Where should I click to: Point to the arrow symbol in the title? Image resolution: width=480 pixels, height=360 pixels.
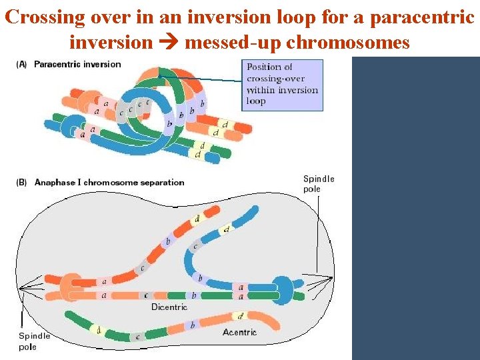pyautogui.click(x=169, y=43)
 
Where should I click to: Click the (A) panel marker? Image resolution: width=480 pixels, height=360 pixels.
pyautogui.click(x=21, y=64)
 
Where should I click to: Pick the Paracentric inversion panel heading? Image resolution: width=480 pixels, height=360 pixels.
pyautogui.click(x=77, y=64)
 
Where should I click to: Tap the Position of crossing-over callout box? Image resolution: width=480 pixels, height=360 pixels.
pyautogui.click(x=282, y=85)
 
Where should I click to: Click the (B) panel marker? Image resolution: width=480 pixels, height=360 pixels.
pyautogui.click(x=21, y=182)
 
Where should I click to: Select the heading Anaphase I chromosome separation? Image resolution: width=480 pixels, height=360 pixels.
pyautogui.click(x=109, y=182)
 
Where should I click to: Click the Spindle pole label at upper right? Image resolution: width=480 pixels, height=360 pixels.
pyautogui.click(x=319, y=183)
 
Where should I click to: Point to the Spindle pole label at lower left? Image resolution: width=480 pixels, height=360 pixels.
pyautogui.click(x=34, y=341)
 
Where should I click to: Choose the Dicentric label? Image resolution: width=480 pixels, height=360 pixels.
pyautogui.click(x=169, y=307)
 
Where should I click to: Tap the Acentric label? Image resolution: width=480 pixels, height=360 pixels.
pyautogui.click(x=240, y=332)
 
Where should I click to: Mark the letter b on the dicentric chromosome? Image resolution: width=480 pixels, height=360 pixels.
pyautogui.click(x=193, y=295)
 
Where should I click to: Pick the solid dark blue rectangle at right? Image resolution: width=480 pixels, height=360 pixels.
pyautogui.click(x=415, y=207)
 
